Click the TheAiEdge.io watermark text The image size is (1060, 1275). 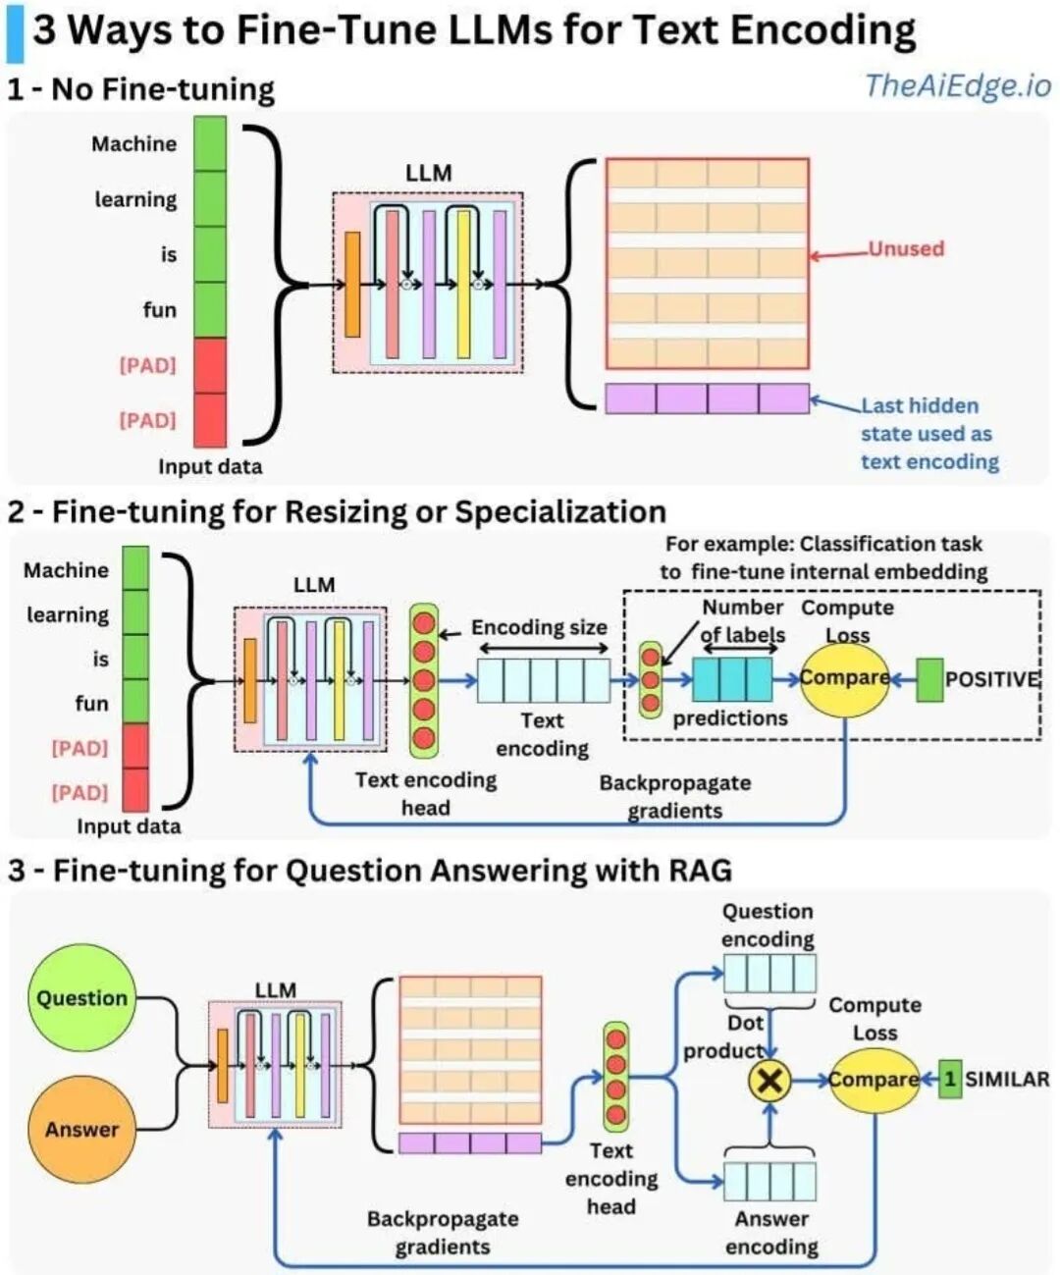[957, 85]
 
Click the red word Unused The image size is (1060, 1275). [905, 248]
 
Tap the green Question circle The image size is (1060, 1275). [81, 997]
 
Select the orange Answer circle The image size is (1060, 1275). [81, 1129]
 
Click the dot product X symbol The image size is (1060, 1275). [770, 1080]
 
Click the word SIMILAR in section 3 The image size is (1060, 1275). [1007, 1079]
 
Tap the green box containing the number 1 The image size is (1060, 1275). [949, 1079]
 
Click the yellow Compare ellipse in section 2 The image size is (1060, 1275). [844, 678]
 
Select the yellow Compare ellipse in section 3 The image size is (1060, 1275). [874, 1079]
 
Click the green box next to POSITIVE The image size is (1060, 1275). [929, 679]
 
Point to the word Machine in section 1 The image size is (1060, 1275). [134, 143]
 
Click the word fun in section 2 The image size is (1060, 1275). [91, 703]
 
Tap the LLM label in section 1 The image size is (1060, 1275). [429, 173]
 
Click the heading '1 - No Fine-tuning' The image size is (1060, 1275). [140, 89]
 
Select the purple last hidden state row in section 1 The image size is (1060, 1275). [707, 398]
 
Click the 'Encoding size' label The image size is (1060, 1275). [539, 627]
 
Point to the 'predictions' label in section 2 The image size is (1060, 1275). [730, 718]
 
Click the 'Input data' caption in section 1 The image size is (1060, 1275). [210, 466]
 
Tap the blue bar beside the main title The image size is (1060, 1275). [15, 32]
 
